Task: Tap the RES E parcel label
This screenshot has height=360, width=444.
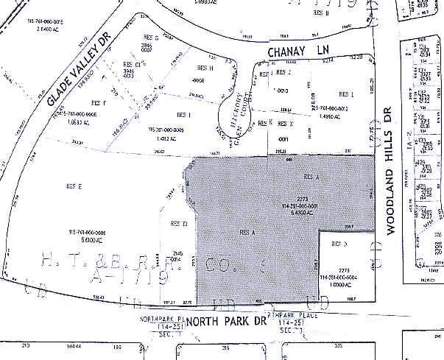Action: click(x=74, y=186)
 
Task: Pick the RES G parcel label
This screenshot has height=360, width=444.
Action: click(x=152, y=37)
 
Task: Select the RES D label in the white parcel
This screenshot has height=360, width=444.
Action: click(x=339, y=242)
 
